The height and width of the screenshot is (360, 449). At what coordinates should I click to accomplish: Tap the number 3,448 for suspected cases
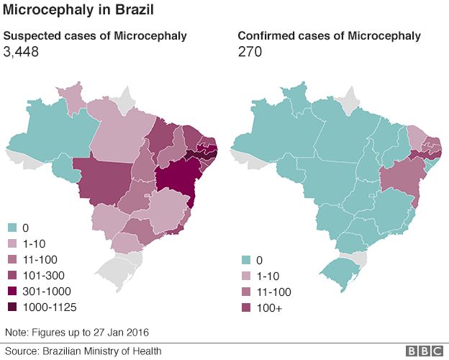click(x=22, y=52)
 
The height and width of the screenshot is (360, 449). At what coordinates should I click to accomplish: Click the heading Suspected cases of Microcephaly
click(x=96, y=36)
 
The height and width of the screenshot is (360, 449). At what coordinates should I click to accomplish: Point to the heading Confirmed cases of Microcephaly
click(x=330, y=36)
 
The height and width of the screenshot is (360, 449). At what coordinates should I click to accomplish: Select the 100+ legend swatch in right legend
click(x=242, y=308)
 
